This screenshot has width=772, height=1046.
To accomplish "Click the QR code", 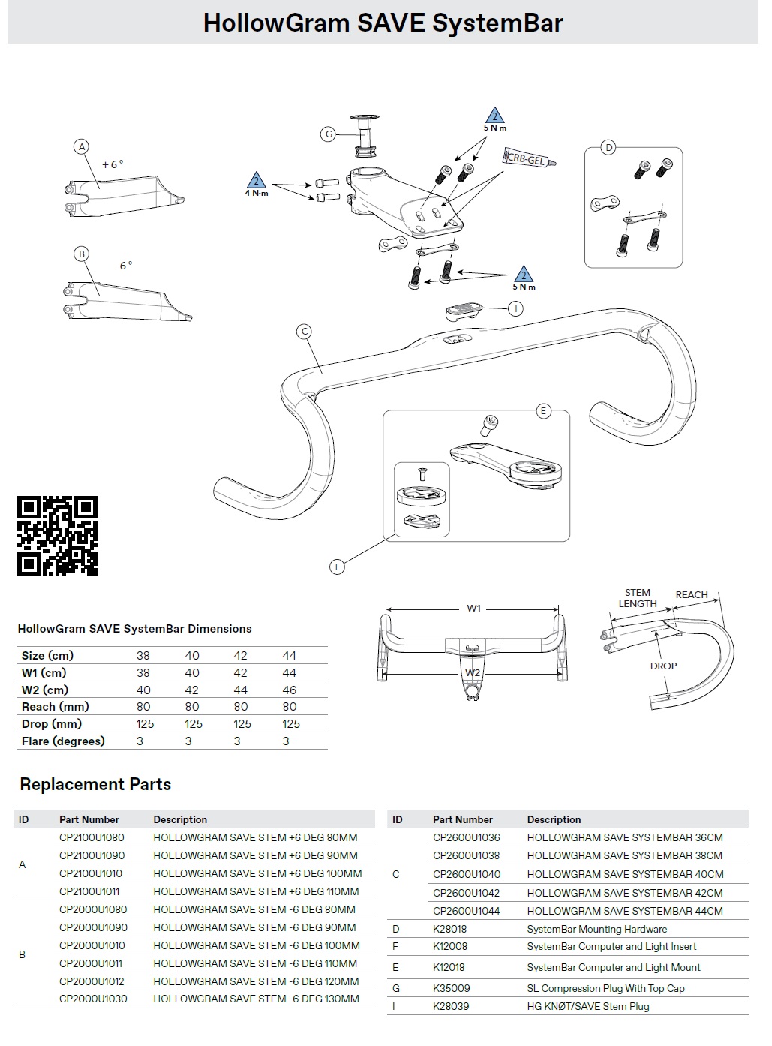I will pyautogui.click(x=57, y=536).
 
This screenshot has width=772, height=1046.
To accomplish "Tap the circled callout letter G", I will pyautogui.click(x=328, y=134).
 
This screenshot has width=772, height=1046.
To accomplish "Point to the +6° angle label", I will pyautogui.click(x=113, y=164).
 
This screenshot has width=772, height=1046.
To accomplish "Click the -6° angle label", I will pyautogui.click(x=123, y=266).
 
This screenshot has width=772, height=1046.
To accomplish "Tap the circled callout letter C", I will pyautogui.click(x=304, y=332).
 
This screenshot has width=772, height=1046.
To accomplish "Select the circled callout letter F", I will pyautogui.click(x=338, y=567).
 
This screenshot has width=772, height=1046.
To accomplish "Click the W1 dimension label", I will pyautogui.click(x=473, y=608).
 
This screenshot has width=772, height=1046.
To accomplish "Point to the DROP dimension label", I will pyautogui.click(x=663, y=666).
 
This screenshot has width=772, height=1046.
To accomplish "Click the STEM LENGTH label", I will pyautogui.click(x=638, y=598).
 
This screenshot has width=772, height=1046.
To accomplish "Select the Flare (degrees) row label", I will pyautogui.click(x=63, y=741).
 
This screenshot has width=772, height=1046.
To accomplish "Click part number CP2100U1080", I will pyautogui.click(x=92, y=837).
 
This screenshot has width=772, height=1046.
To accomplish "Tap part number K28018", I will pyautogui.click(x=449, y=929).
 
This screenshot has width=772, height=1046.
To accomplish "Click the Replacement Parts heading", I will pyautogui.click(x=95, y=784).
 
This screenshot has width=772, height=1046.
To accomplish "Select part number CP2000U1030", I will pyautogui.click(x=93, y=999).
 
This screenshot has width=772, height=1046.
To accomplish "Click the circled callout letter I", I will pyautogui.click(x=515, y=308).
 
